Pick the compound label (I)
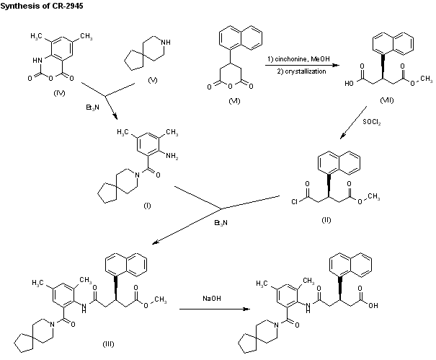(146, 206)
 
